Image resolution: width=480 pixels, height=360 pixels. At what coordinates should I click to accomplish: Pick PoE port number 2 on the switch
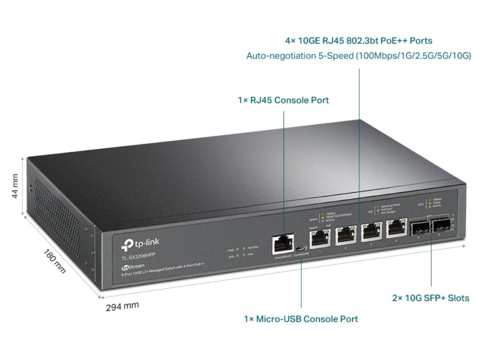coord(345,234)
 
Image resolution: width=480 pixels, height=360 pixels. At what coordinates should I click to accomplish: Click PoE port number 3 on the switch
coord(371,231)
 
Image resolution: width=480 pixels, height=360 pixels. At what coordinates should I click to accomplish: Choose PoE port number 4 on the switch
coord(396,228)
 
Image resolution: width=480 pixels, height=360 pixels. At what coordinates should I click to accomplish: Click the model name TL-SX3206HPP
coord(139,256)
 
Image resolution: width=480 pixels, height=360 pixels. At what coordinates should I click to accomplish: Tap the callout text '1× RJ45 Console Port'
coord(284,100)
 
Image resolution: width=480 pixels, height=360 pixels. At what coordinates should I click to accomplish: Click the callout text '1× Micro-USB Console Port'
coord(301,319)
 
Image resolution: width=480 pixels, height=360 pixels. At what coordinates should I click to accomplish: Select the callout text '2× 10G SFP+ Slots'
coord(430,298)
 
